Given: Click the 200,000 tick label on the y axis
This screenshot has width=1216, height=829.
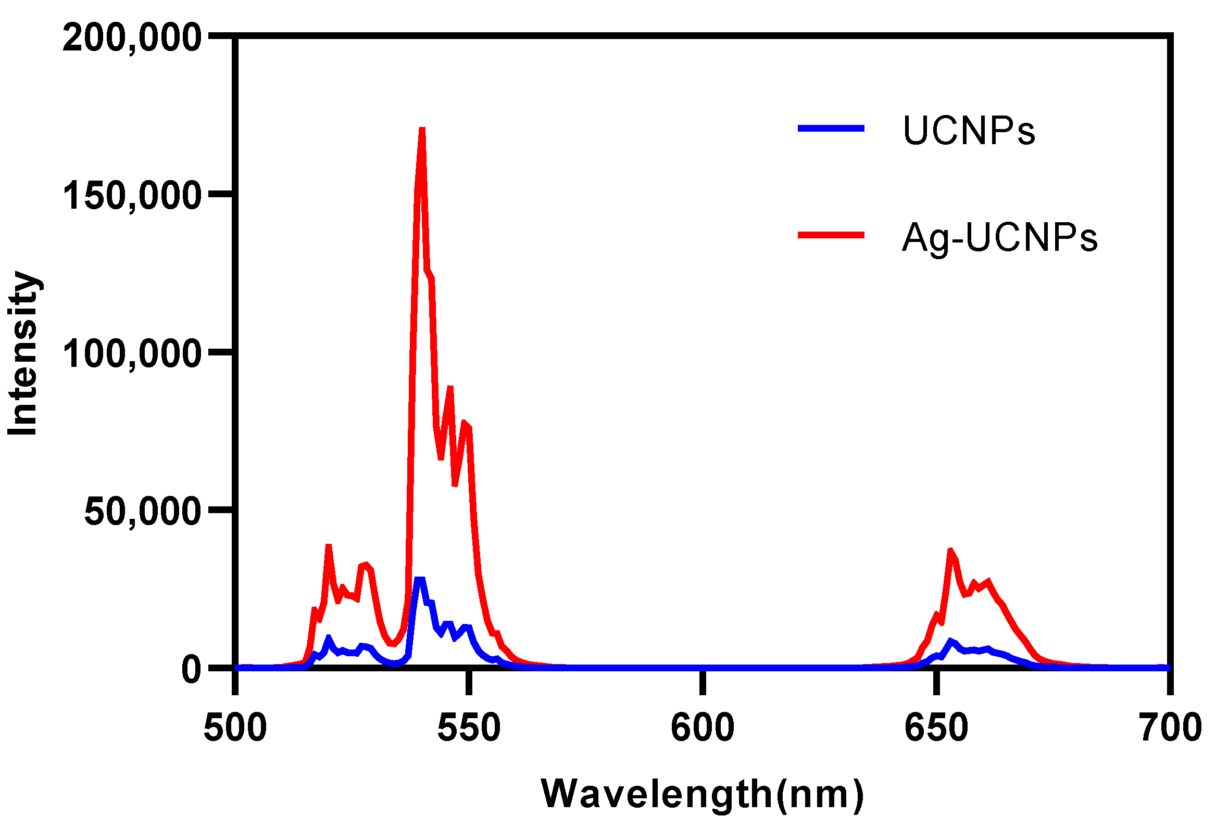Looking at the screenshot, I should [x=131, y=38].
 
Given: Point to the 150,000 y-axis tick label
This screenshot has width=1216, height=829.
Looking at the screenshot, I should [x=131, y=197].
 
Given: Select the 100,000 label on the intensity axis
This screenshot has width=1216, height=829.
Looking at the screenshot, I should [x=131, y=354].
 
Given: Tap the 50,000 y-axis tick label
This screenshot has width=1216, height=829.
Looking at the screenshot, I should [x=142, y=512].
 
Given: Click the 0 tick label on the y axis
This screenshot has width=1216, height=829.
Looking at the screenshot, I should [x=192, y=670].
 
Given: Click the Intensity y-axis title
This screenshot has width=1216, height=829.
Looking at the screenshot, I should [x=23, y=353].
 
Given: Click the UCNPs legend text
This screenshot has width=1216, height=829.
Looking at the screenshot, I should [x=969, y=131].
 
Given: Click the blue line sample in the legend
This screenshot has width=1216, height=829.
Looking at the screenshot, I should [x=831, y=128].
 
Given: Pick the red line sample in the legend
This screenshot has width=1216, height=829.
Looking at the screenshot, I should [x=831, y=235].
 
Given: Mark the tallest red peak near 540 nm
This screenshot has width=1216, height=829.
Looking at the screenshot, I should [x=422, y=129].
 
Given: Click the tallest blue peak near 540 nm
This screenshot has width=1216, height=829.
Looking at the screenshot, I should [x=419, y=580].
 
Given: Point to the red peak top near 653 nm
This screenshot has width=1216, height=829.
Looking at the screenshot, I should [x=950, y=551].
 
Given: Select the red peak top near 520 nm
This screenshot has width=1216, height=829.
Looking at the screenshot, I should [x=329, y=546].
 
